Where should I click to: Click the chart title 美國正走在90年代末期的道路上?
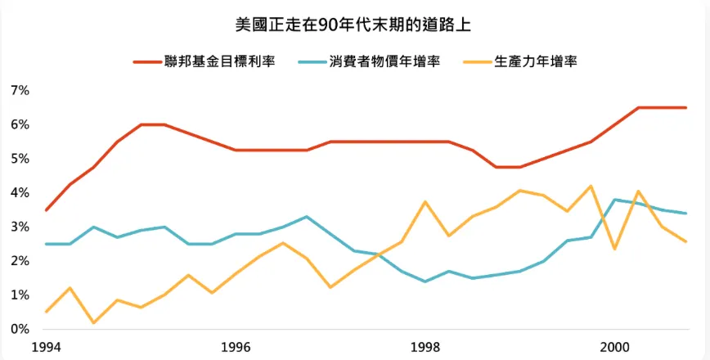point(353,25)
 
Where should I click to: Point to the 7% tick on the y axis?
point(20,90)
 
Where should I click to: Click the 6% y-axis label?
point(20,124)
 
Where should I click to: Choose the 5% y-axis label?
point(20,158)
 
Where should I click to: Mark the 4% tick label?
point(20,192)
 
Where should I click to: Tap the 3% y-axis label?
point(20,227)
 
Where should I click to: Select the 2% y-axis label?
point(20,261)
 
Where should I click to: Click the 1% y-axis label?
point(20,295)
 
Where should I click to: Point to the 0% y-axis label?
point(20,329)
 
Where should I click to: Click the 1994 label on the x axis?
point(46,346)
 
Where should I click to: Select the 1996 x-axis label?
point(236,346)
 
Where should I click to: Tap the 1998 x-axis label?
point(425,346)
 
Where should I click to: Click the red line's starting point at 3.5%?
point(46,210)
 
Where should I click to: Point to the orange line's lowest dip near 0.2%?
point(93,322)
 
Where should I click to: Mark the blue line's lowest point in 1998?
point(425,281)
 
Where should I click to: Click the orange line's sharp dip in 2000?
point(615,248)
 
